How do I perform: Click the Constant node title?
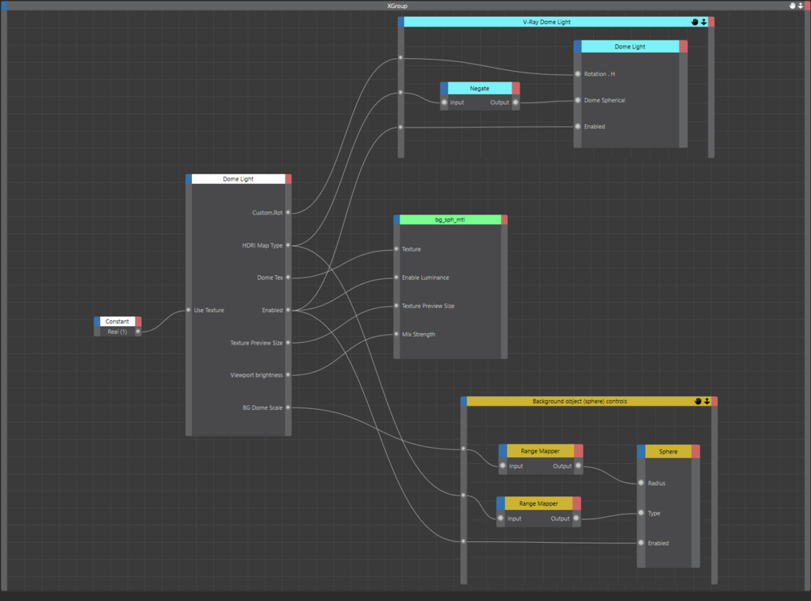click(x=117, y=321)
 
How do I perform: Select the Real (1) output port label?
click(x=118, y=332)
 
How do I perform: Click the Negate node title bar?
click(x=479, y=89)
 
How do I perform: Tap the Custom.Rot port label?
click(x=267, y=213)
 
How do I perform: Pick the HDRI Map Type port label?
click(x=262, y=245)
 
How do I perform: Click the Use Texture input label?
click(x=209, y=311)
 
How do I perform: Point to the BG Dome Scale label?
click(x=262, y=408)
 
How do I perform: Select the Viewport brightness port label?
click(x=256, y=375)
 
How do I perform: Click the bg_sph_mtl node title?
click(x=449, y=219)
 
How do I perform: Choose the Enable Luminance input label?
click(x=425, y=278)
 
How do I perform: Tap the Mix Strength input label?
click(x=418, y=334)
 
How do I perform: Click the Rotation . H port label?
click(x=600, y=74)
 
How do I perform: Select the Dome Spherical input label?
click(x=604, y=101)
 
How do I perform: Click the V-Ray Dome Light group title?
click(x=546, y=23)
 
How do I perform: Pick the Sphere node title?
click(x=668, y=452)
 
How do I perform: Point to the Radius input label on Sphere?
click(x=657, y=484)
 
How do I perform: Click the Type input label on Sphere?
click(x=654, y=513)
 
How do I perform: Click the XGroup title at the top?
click(x=397, y=6)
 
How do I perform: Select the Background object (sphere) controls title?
click(x=579, y=402)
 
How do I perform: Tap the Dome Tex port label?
click(x=270, y=278)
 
